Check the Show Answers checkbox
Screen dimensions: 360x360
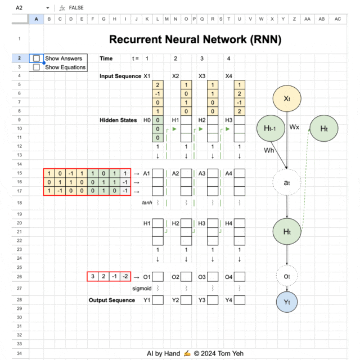(37, 58)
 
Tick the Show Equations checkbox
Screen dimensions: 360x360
(37, 67)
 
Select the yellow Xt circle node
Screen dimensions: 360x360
(287, 98)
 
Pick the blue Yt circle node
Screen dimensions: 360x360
(287, 302)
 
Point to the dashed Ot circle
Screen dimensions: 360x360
(287, 276)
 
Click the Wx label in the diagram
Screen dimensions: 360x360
(294, 127)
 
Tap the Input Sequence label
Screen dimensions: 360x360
(120, 76)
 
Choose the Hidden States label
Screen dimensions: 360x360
(118, 120)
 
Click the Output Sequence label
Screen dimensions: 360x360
(112, 300)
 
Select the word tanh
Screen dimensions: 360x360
(147, 202)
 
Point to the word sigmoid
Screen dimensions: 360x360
(142, 288)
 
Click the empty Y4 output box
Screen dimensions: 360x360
(239, 300)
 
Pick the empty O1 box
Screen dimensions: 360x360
(158, 276)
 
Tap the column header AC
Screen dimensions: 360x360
(337, 19)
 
